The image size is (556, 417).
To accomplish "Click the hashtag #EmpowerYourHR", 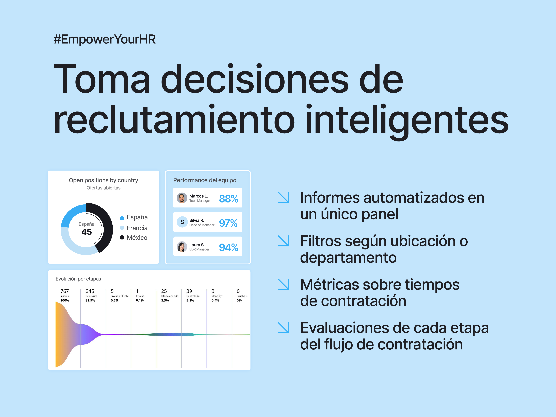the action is (105, 39).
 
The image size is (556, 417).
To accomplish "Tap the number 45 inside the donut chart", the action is (86, 232).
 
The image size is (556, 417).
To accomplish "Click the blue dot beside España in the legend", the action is (122, 218).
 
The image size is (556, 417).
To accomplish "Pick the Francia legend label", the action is (137, 228).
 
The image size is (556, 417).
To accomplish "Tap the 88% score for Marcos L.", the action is (229, 199).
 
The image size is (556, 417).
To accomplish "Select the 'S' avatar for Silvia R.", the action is (182, 222).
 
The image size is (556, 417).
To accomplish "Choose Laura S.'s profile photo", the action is (182, 247).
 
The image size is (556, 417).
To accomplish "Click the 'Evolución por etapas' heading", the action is (78, 279).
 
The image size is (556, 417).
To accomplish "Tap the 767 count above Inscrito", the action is (65, 291).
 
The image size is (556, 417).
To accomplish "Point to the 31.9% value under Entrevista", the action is (90, 300).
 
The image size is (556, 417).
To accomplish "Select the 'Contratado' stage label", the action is (193, 296).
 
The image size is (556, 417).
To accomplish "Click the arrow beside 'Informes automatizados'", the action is (283, 197).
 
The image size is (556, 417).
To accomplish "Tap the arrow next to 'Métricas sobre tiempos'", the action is (283, 284).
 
